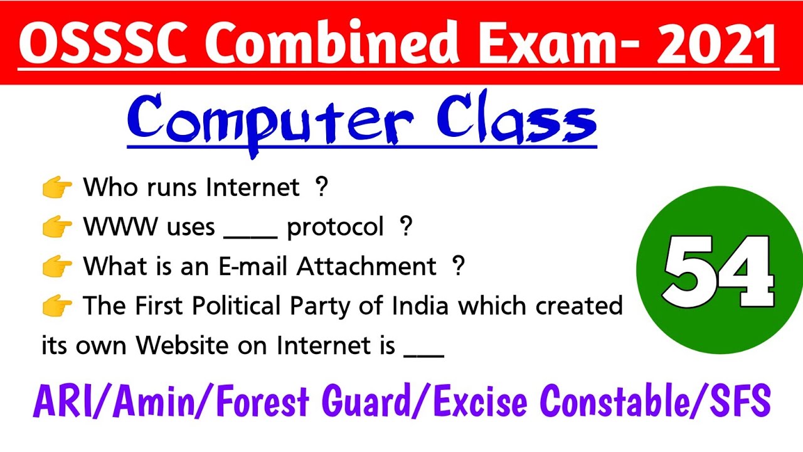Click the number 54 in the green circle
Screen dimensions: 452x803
(719, 271)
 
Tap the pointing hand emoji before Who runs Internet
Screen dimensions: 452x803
(57, 188)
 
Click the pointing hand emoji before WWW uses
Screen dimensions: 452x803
(57, 227)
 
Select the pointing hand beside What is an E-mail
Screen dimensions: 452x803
(57, 267)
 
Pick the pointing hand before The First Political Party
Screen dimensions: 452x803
(57, 306)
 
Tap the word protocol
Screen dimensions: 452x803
(335, 227)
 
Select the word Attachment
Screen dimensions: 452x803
(366, 267)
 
